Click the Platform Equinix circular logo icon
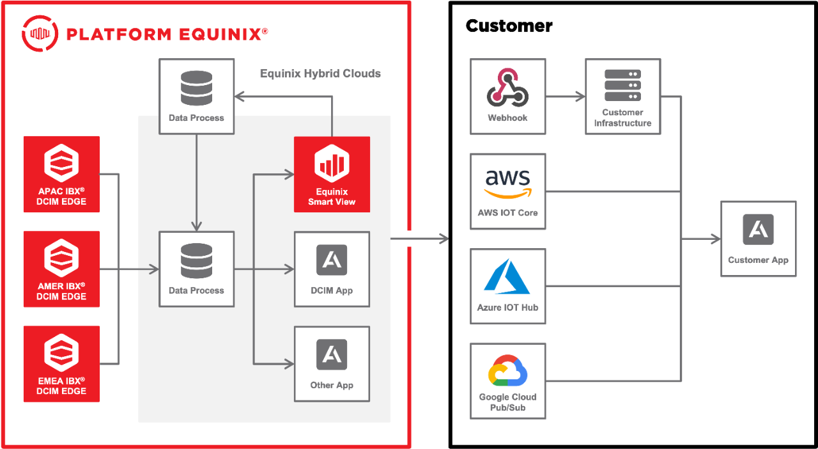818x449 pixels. point(40,33)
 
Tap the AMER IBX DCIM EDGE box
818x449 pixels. point(61,269)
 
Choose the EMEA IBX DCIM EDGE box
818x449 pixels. point(61,363)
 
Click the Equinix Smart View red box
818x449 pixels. point(332,174)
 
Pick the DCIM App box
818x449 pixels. point(332,269)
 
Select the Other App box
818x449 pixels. point(332,363)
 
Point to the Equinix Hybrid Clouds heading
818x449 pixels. point(320,74)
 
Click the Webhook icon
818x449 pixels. point(507,88)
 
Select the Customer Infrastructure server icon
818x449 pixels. point(622,86)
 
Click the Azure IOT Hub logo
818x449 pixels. point(507,276)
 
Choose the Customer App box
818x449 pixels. point(758,239)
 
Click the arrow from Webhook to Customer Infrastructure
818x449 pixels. point(565,97)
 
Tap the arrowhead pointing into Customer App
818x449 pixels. point(715,239)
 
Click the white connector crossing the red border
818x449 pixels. point(410,239)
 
